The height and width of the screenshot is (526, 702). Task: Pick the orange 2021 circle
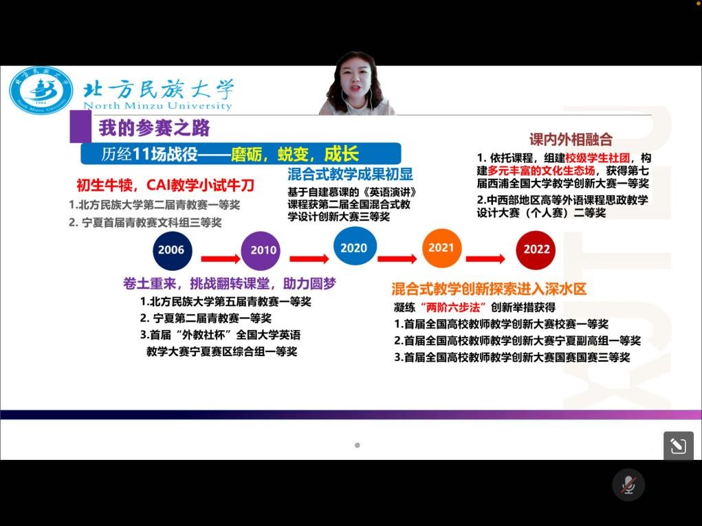tap(442, 248)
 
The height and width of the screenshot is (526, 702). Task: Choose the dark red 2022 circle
tap(536, 250)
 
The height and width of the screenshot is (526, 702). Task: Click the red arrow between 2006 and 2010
tap(220, 259)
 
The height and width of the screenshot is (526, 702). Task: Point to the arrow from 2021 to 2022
tap(485, 259)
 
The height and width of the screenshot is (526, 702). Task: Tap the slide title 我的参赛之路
tap(155, 128)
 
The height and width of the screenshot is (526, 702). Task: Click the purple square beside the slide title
tap(80, 127)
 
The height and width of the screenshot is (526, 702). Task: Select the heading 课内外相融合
tap(571, 139)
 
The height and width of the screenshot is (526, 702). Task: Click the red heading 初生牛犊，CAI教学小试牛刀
tap(165, 185)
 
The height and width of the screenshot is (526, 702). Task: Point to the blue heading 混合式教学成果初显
tap(350, 174)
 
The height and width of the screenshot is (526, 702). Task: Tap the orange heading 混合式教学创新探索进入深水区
tap(489, 289)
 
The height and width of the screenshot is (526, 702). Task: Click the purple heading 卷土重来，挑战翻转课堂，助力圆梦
tap(229, 283)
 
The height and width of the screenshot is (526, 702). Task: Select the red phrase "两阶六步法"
tap(454, 307)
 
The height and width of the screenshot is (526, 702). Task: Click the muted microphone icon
tap(628, 485)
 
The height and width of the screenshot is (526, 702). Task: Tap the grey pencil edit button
tap(678, 446)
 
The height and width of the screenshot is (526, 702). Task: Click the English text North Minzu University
tap(157, 106)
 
